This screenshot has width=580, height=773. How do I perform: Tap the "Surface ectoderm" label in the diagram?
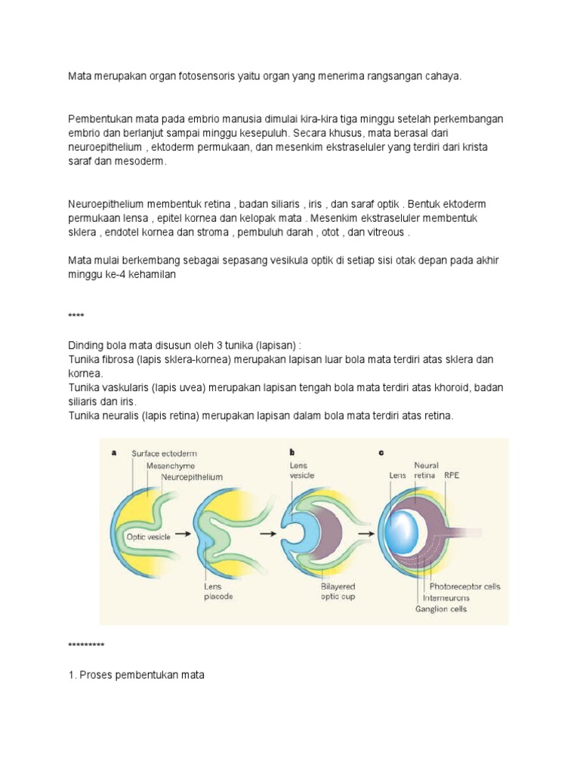click(x=164, y=454)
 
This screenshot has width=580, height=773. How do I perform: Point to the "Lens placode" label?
click(x=217, y=590)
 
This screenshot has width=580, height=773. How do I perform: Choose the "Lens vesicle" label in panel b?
click(x=301, y=470)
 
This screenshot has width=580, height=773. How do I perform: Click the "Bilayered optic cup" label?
click(x=337, y=590)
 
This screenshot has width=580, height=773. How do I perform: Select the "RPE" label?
click(x=451, y=476)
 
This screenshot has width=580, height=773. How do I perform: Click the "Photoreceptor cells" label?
click(x=464, y=586)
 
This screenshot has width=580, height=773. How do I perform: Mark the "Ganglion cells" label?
click(x=440, y=609)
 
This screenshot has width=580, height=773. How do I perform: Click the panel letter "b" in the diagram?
click(x=292, y=452)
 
